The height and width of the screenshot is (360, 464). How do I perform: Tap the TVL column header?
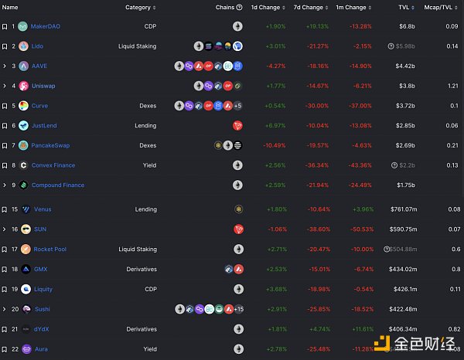pyautogui.click(x=404, y=8)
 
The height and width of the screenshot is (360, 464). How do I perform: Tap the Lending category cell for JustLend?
pyautogui.click(x=145, y=125)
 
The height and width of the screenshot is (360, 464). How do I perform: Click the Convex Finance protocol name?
pyautogui.click(x=53, y=165)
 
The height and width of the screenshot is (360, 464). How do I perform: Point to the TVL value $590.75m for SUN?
pyautogui.click(x=402, y=229)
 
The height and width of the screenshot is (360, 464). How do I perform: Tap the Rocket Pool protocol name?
pyautogui.click(x=49, y=249)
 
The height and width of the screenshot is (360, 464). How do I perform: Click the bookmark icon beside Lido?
pyautogui.click(x=5, y=46)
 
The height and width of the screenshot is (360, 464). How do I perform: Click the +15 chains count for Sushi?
pyautogui.click(x=238, y=309)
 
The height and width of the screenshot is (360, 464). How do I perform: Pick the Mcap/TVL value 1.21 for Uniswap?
pyautogui.click(x=455, y=86)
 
